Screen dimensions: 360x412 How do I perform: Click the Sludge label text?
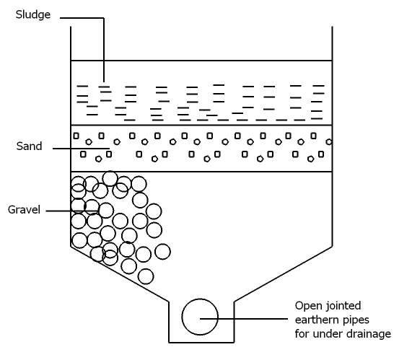(x=33, y=14)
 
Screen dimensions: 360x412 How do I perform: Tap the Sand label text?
(x=29, y=146)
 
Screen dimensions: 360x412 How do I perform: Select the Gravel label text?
(x=24, y=210)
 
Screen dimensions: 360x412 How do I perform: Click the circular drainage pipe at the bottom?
(x=200, y=317)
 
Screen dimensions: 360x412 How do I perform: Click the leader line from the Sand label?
(x=79, y=149)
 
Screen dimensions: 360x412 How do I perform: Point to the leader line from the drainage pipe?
(x=249, y=317)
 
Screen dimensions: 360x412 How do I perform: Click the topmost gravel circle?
(x=110, y=178)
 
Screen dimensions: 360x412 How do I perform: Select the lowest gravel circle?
(x=146, y=276)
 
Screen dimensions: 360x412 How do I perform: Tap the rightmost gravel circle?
(x=162, y=251)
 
